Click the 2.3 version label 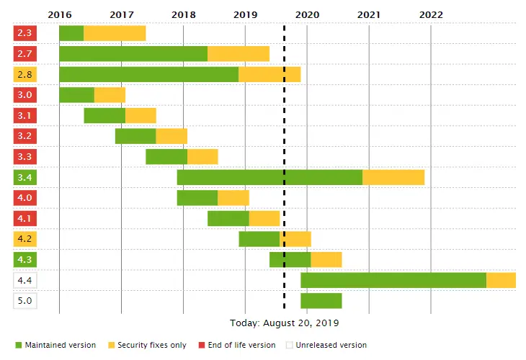click(x=25, y=33)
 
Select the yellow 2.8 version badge click(x=25, y=74)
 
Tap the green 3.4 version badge click(x=25, y=177)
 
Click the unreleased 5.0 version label click(x=25, y=301)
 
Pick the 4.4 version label click(x=25, y=280)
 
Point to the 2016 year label click(x=59, y=14)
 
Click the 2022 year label click(x=431, y=14)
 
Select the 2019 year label click(x=245, y=14)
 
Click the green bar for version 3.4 click(x=269, y=177)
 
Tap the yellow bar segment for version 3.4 click(x=393, y=177)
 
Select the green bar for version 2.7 click(x=133, y=53)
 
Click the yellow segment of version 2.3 click(x=115, y=33)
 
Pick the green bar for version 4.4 click(x=393, y=280)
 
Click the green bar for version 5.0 click(x=321, y=301)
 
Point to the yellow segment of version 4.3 click(x=326, y=260)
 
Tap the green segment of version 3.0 click(x=76, y=95)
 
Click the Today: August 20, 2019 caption click(x=285, y=323)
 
